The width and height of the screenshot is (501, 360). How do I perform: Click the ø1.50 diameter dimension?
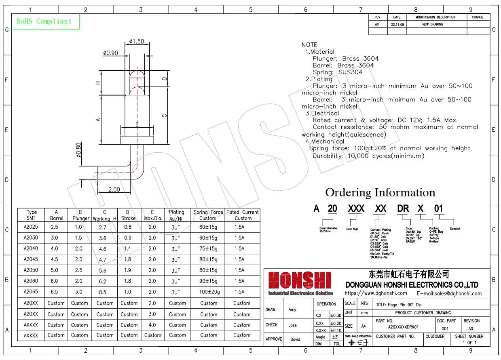tap(137, 42)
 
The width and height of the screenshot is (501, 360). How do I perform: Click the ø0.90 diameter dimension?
tap(110, 53)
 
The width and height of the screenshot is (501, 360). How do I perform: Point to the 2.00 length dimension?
tap(114, 189)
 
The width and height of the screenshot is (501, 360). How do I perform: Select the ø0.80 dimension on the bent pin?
tap(79, 151)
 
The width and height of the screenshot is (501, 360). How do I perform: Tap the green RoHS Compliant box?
tap(44, 21)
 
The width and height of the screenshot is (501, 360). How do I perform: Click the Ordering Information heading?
tap(380, 192)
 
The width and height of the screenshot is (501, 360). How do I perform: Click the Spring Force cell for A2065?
tap(208, 292)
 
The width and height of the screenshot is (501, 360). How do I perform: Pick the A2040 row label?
tap(31, 248)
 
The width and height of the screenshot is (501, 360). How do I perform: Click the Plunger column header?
tap(80, 215)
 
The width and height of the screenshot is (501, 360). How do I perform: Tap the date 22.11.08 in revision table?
tap(397, 24)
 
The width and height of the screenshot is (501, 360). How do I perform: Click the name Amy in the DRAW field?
tap(292, 310)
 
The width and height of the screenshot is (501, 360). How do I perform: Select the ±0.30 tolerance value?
tap(336, 316)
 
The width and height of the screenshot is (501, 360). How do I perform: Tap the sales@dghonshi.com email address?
tap(454, 294)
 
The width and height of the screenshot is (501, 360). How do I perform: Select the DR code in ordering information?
tap(403, 209)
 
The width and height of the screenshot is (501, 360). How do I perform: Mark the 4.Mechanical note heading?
tap(325, 141)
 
